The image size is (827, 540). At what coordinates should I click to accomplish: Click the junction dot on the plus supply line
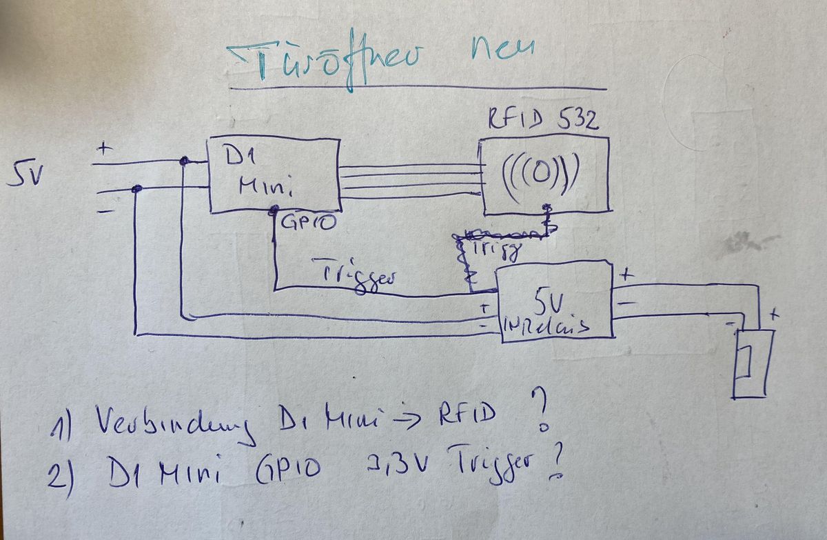pos(184,161)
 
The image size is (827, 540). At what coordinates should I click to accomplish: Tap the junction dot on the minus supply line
pos(137,188)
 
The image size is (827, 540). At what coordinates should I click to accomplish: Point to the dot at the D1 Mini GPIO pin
pos(274,208)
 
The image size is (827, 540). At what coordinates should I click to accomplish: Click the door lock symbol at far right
pos(751,362)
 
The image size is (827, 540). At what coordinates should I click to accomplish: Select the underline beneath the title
pos(418,88)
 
